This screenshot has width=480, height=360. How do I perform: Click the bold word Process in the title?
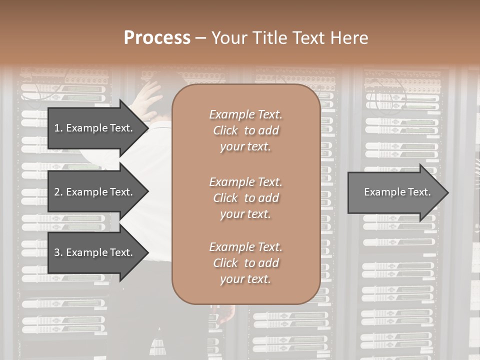[x=157, y=37]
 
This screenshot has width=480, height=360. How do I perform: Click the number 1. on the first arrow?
[x=58, y=128]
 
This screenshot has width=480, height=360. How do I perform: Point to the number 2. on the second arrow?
[x=58, y=192]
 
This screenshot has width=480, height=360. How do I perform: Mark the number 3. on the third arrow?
[x=58, y=252]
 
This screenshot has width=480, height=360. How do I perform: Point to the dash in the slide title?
[x=201, y=38]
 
